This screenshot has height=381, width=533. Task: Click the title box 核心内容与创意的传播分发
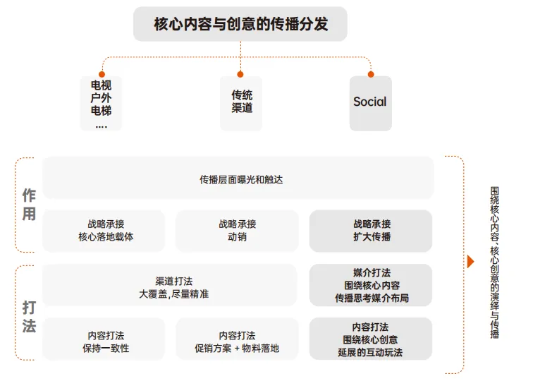click(x=240, y=25)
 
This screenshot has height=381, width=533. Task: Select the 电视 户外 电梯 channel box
click(x=101, y=103)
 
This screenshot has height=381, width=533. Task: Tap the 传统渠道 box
click(x=241, y=103)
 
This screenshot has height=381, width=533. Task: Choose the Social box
click(x=370, y=103)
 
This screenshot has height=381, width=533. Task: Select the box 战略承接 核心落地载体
click(x=105, y=231)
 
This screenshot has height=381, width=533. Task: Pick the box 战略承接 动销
click(x=237, y=231)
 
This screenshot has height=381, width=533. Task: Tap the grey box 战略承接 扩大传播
click(x=371, y=231)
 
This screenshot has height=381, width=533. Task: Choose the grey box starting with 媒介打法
click(x=371, y=286)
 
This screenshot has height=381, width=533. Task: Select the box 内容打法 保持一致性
click(x=105, y=341)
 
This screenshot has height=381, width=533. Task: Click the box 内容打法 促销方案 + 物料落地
click(x=237, y=341)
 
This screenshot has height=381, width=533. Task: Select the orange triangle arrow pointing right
click(x=471, y=262)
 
